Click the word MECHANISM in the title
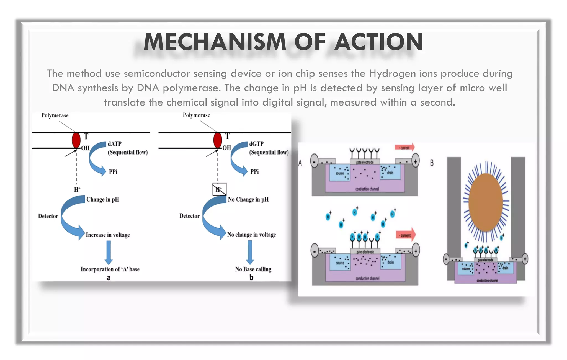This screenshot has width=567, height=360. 215,42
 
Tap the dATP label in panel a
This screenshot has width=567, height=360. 114,144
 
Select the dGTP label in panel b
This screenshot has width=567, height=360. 256,144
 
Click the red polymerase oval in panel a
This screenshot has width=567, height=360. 76,140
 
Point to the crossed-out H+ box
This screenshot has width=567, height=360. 219,189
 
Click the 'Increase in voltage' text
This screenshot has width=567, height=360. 108,235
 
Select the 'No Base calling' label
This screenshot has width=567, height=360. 253,269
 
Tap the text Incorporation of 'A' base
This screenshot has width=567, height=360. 110,269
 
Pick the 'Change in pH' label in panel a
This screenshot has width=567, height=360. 103,199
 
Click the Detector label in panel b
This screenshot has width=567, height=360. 189,216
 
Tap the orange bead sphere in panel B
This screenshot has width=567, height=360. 486,202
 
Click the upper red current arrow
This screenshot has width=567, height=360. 405,147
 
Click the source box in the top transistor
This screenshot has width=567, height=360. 340,173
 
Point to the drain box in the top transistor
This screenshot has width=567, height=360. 390,172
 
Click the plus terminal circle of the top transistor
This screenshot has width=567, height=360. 415,161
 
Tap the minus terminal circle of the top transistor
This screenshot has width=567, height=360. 314,161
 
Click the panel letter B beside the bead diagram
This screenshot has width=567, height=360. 432,163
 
